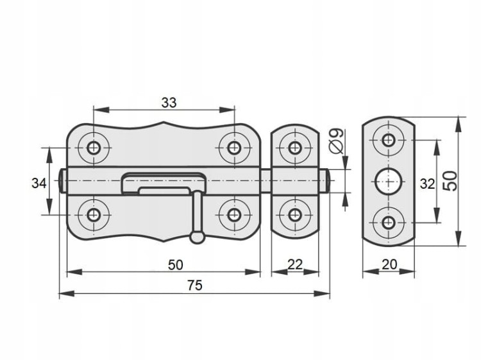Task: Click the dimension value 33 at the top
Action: [169, 103]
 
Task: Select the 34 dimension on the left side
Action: [39, 184]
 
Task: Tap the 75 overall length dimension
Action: [195, 286]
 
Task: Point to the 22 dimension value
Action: [295, 264]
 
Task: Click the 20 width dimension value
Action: [389, 264]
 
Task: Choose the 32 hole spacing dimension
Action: [427, 184]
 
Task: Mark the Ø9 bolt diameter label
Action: [337, 141]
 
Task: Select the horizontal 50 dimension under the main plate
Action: [176, 265]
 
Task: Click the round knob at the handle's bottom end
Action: [198, 237]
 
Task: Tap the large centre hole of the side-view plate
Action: [389, 182]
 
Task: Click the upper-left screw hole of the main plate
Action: [93, 148]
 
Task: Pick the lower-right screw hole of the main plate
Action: [234, 215]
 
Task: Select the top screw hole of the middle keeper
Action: [295, 148]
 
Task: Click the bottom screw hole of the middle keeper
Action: [295, 215]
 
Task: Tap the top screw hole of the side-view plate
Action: [389, 141]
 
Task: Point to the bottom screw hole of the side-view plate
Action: [389, 223]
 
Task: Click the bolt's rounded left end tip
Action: [60, 181]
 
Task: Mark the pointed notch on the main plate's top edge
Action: [164, 123]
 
